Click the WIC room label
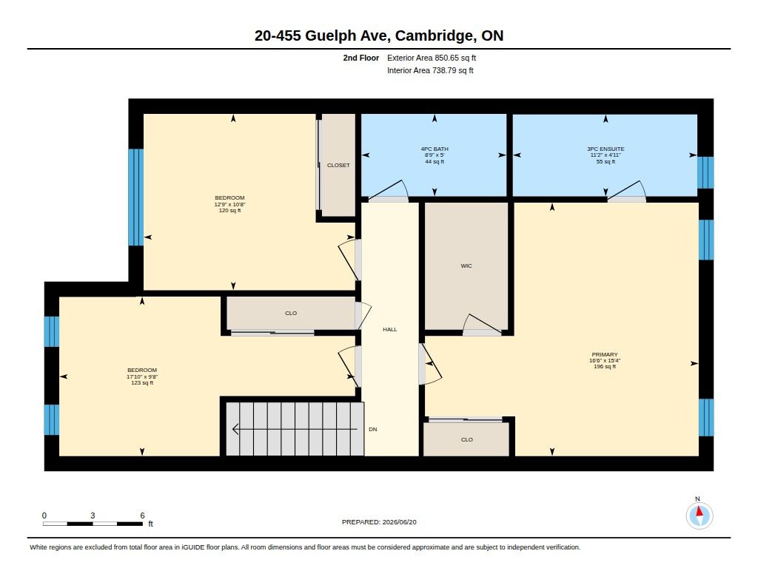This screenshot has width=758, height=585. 466,266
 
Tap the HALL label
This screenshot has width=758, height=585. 389,329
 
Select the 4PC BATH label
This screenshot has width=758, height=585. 435,149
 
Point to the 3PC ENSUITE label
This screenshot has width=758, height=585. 606,149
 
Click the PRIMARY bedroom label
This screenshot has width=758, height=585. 605,354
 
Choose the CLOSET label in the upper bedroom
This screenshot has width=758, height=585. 338,165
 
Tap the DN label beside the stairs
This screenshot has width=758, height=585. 373,430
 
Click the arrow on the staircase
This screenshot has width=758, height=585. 295,429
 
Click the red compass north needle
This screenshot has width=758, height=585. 699,512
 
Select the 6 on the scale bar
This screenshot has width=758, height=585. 142,515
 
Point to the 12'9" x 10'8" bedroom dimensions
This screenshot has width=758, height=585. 229,204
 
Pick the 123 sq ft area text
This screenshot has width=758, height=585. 142,383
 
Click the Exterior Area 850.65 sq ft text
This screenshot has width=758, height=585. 432,58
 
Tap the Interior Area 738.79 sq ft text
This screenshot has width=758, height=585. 430,70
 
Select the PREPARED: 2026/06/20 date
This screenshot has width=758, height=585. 379,522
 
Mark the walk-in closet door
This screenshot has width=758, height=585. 481,325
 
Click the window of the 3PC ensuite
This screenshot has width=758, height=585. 705,172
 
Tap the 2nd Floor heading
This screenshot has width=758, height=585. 360,58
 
